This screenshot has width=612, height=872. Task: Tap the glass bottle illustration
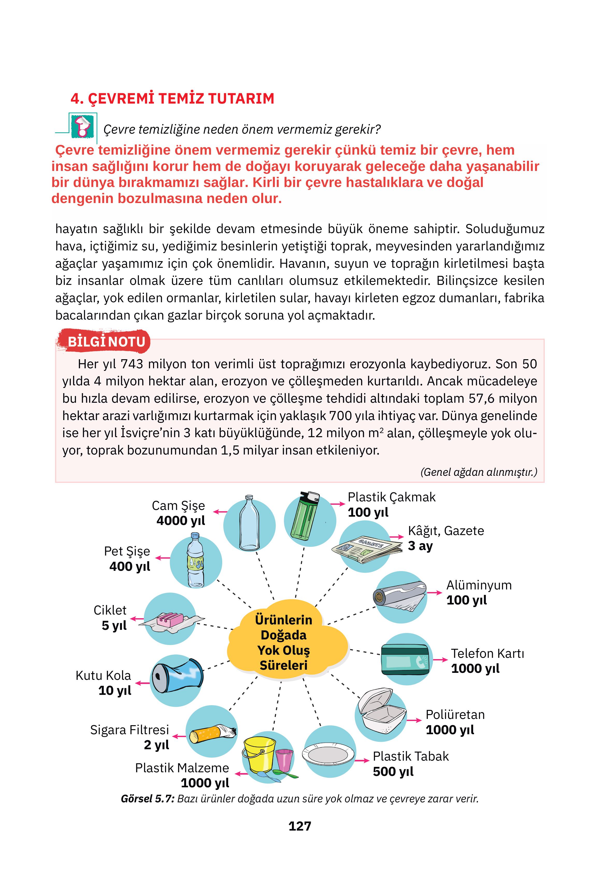pyautogui.click(x=249, y=523)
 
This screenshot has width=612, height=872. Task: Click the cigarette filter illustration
pyautogui.click(x=213, y=733)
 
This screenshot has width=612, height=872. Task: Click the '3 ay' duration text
pyautogui.click(x=420, y=546)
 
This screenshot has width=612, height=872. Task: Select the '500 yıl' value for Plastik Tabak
pyautogui.click(x=393, y=772)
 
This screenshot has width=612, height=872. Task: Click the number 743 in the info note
pyautogui.click(x=132, y=364)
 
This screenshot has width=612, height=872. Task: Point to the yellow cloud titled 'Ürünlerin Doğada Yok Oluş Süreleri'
pyautogui.click(x=284, y=642)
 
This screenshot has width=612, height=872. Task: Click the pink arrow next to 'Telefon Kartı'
pyautogui.click(x=440, y=660)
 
